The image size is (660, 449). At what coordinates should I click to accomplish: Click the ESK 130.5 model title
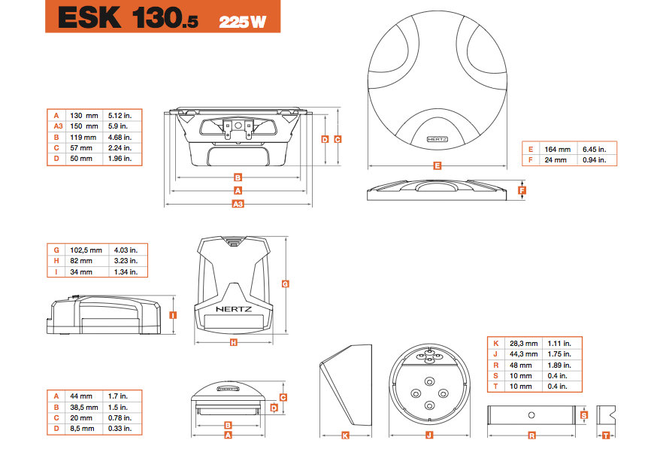[128, 18]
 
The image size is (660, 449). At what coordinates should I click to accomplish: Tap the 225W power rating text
[243, 22]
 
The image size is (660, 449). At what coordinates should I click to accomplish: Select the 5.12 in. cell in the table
[120, 115]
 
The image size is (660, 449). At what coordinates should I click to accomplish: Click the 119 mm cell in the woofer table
[83, 138]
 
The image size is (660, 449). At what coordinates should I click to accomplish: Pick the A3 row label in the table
[58, 126]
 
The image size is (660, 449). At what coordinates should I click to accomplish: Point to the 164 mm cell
[557, 149]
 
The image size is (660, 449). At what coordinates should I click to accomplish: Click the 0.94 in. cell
[595, 160]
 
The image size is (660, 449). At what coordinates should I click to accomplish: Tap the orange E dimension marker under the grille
[437, 166]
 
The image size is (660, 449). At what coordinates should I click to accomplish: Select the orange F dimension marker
[522, 190]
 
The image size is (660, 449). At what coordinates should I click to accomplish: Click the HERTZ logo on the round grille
[437, 139]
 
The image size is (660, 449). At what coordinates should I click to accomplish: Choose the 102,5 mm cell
[86, 250]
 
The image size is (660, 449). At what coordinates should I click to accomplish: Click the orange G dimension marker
[286, 284]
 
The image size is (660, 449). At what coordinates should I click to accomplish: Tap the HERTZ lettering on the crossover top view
[234, 309]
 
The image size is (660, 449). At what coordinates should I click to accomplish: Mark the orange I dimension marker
[173, 315]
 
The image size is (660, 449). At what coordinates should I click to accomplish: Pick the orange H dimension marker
[234, 343]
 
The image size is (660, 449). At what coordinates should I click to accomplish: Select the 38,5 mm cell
[83, 408]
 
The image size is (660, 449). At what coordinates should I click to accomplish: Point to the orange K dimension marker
[345, 435]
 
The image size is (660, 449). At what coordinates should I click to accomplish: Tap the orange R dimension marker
[531, 435]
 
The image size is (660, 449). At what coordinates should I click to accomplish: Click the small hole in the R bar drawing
[531, 415]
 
